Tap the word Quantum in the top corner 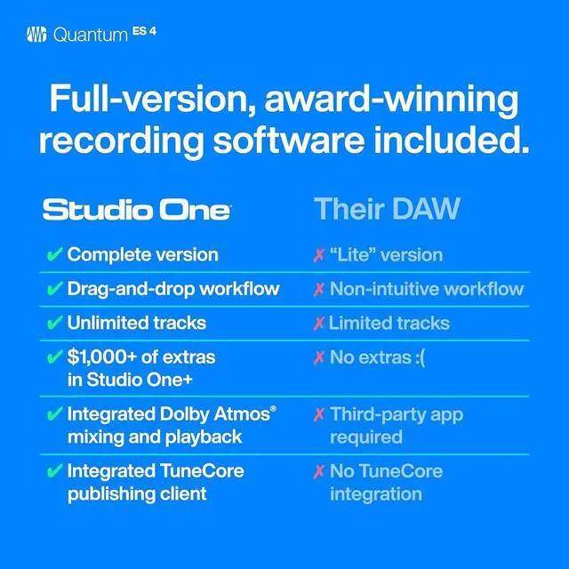(x=91, y=36)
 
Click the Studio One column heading (x=136, y=210)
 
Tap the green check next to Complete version (x=53, y=255)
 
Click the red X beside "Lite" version (x=318, y=256)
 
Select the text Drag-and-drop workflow (x=173, y=289)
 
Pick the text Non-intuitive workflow (x=426, y=289)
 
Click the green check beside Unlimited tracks (x=53, y=323)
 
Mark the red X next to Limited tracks (x=318, y=324)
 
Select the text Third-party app (x=397, y=414)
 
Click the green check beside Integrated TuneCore (x=53, y=470)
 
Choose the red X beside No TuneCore (x=318, y=471)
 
